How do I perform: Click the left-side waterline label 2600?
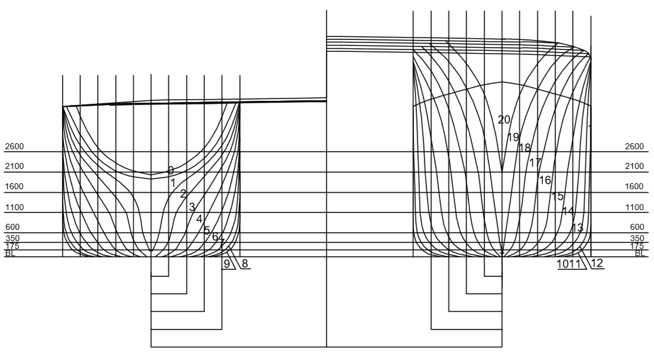pyautogui.click(x=14, y=146)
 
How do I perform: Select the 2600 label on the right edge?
pyautogui.click(x=634, y=146)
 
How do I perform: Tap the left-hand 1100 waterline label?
pyautogui.click(x=14, y=207)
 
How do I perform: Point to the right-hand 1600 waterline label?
pyautogui.click(x=634, y=186)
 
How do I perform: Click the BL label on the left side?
pyautogui.click(x=10, y=254)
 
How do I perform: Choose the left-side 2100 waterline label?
pyautogui.click(x=14, y=166)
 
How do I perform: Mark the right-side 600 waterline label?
pyautogui.click(x=637, y=227)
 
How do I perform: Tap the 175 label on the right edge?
pyautogui.click(x=637, y=246)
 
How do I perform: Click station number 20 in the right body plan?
pyautogui.click(x=504, y=119)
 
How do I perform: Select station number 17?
pyautogui.click(x=535, y=162)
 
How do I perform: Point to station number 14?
pyautogui.click(x=568, y=211)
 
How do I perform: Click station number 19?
pyautogui.click(x=513, y=137)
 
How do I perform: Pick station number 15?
pyautogui.click(x=557, y=196)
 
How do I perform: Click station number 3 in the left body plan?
pyautogui.click(x=192, y=207)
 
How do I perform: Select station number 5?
pyautogui.click(x=207, y=230)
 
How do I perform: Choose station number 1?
pyautogui.click(x=173, y=183)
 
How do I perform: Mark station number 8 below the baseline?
pyautogui.click(x=245, y=263)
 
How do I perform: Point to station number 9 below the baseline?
pyautogui.click(x=227, y=263)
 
